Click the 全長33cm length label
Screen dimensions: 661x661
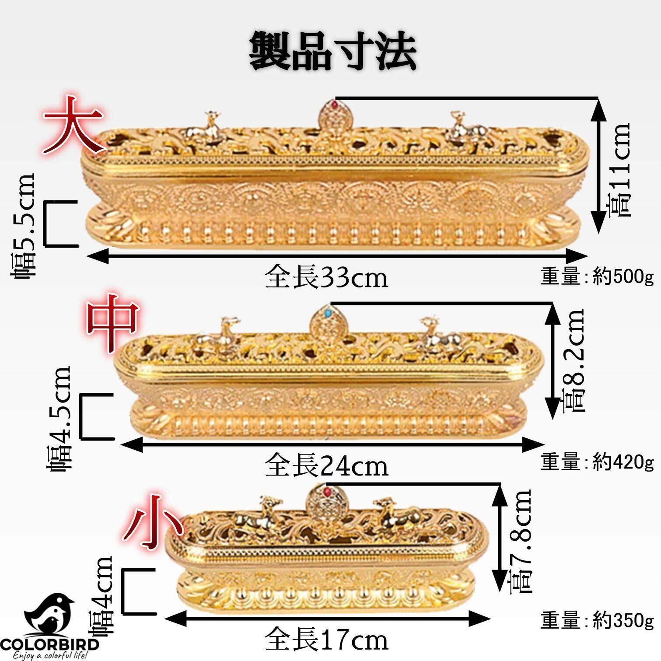coord(326,277)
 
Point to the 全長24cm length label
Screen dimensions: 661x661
coord(326,466)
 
